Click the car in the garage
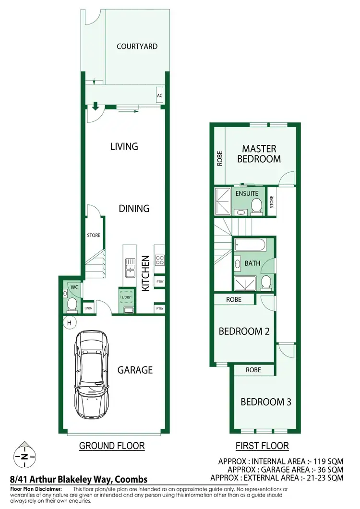pos(93,375)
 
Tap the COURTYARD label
pos(137,47)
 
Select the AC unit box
pos(160,96)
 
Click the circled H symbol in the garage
pos(69,323)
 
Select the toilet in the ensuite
pos(257,206)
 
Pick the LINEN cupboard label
pos(88,308)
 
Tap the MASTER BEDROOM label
pos(259,154)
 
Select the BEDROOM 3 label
pos(265,402)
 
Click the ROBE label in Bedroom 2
pos(234,299)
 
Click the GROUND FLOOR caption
pos(111,446)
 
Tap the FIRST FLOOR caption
pos(262,446)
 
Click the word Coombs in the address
pos(130,479)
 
